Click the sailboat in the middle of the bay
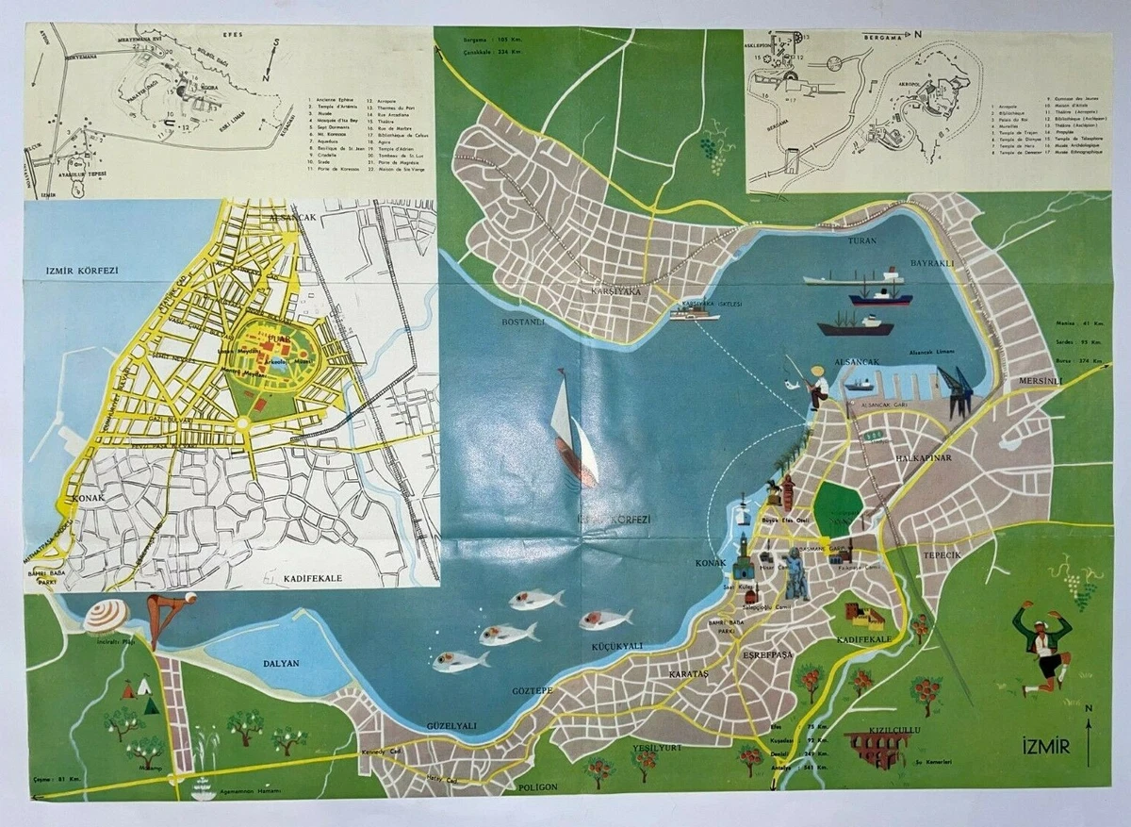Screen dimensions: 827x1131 [572, 429]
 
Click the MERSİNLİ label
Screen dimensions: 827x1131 [1040, 382]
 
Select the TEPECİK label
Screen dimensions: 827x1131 [942, 555]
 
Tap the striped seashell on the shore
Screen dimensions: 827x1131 [105, 617]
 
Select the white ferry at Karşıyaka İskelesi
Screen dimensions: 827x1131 [695, 313]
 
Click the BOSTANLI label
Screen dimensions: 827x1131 [524, 323]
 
